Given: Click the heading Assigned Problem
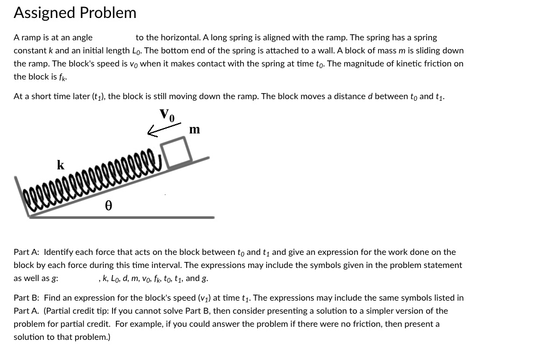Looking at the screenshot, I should pos(75,13).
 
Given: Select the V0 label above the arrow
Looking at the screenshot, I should pos(168,115).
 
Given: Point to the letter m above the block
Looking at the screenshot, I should pos(194,130).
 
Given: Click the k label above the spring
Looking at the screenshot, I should pos(60,164).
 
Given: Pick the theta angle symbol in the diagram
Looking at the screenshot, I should pos(108,206).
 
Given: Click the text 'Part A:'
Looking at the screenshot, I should pos(26,252).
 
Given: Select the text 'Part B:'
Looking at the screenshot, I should pos(26,298).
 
